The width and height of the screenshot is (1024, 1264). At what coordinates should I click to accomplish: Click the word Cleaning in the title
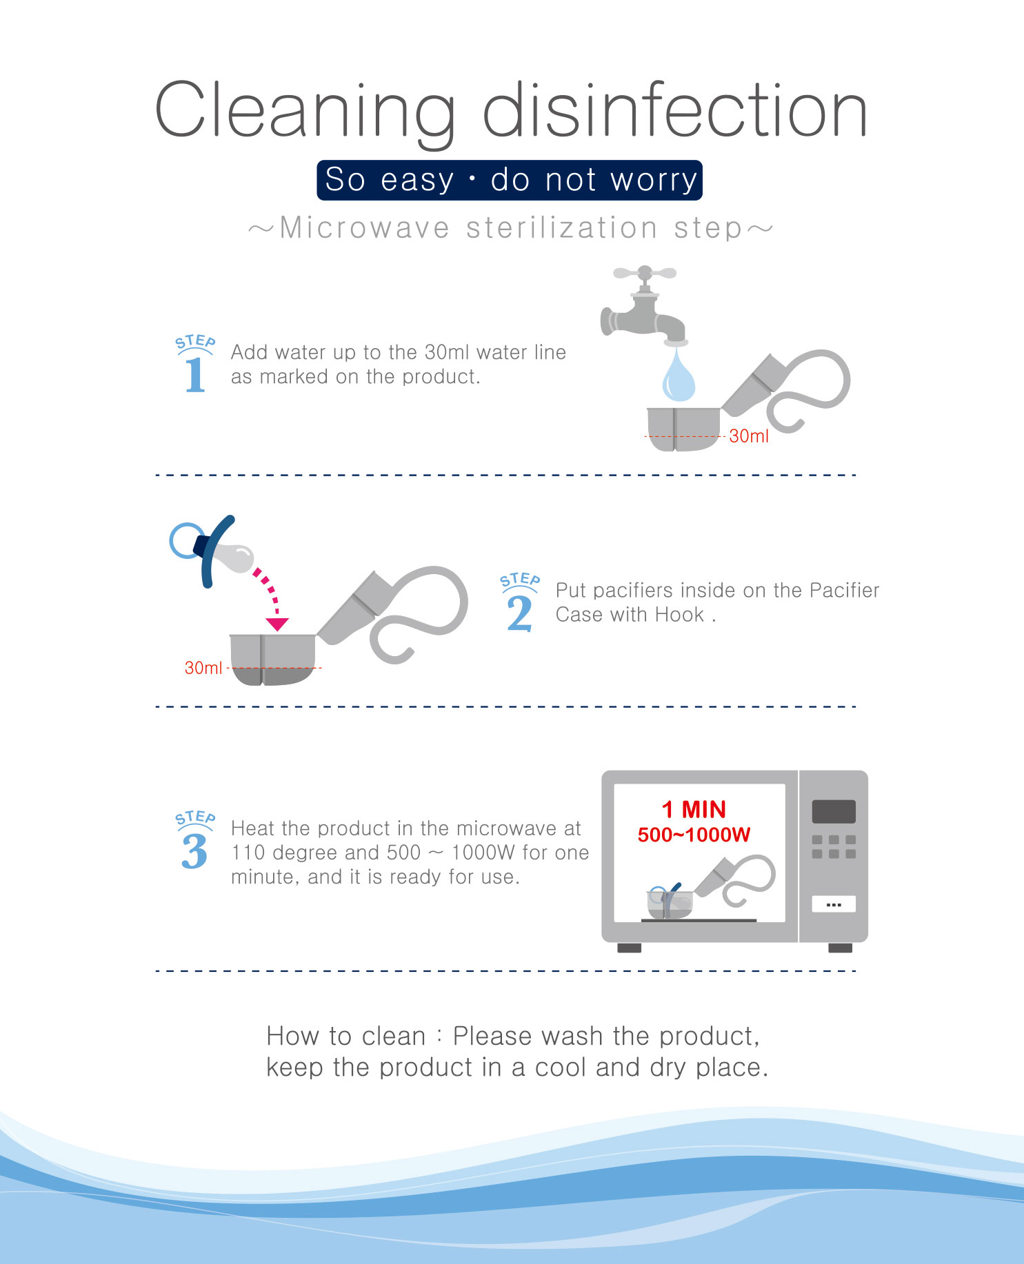(x=305, y=112)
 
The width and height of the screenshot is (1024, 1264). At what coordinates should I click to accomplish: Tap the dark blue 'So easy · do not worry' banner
(x=510, y=180)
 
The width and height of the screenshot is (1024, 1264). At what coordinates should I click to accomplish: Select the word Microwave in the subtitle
(x=364, y=227)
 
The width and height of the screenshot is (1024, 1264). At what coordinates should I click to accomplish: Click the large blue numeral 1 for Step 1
(x=195, y=375)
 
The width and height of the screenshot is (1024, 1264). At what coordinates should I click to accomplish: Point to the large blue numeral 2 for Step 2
(x=519, y=613)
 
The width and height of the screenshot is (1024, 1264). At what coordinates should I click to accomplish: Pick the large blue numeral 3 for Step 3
(x=194, y=851)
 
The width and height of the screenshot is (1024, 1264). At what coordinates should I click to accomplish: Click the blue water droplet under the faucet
(x=679, y=377)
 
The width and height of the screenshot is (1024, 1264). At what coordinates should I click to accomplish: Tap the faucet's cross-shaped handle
(x=645, y=273)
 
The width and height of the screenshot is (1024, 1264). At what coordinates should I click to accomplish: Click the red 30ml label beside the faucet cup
(x=749, y=436)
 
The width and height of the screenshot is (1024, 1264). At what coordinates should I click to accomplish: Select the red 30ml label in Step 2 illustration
(x=203, y=668)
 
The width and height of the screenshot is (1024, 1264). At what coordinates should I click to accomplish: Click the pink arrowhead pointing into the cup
(x=277, y=624)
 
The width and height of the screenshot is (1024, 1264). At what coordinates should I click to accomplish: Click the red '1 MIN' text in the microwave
(x=694, y=809)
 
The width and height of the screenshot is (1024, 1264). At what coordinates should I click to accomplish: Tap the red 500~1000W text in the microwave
(x=694, y=835)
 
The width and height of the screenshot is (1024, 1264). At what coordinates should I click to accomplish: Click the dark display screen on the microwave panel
(x=834, y=812)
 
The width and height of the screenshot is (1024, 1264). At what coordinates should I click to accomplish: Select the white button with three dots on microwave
(x=834, y=904)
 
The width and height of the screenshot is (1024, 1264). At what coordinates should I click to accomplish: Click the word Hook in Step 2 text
(x=679, y=615)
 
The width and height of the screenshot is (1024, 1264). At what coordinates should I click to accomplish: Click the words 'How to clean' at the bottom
(x=346, y=1037)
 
